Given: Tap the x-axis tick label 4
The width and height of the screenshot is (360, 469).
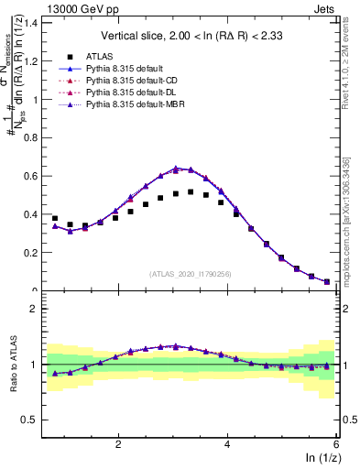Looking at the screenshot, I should click(227, 443).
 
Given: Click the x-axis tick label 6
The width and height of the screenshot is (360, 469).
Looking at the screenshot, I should click(336, 443).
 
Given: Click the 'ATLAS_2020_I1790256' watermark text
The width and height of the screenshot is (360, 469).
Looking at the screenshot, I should click(190, 274).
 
